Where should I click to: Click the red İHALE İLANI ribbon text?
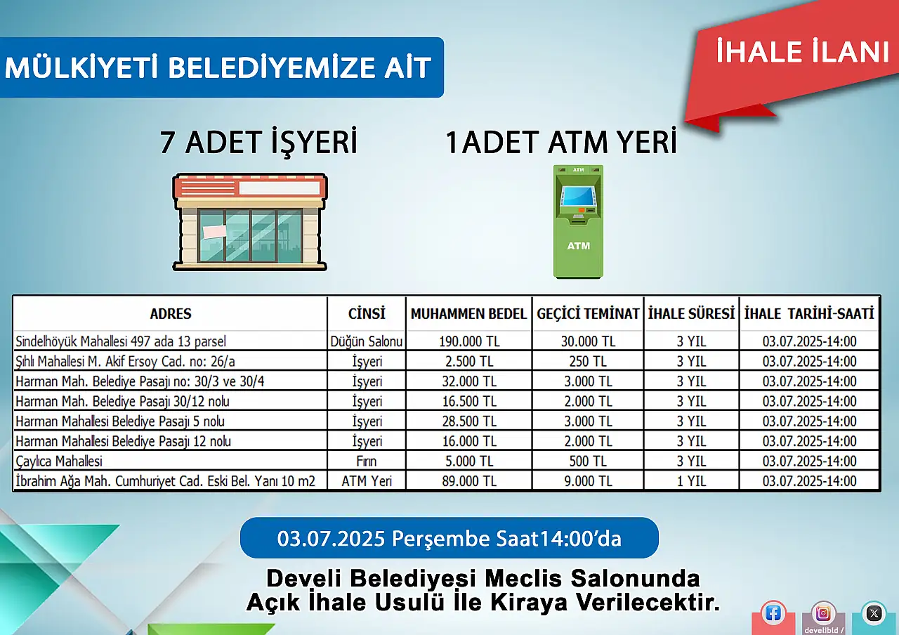pos(802,51)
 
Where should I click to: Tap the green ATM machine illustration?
pos(578,221)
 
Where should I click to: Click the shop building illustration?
pos(249,222)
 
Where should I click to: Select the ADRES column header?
pos(171,313)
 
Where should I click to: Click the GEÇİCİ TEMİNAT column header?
pos(588,313)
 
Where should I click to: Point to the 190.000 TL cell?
pos(469,341)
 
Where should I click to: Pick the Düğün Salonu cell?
pos(367,341)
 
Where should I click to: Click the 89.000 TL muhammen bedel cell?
pos(469,481)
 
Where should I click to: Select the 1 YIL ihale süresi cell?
pos(691,481)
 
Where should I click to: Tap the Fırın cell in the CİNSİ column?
pos(367,461)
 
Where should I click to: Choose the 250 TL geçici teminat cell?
pos(588,361)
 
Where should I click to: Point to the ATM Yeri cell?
pos(367,481)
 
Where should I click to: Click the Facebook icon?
pos(773,613)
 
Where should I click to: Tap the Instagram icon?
pos(822,613)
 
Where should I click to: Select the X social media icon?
pos(874,613)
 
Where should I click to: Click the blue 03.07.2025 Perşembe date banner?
pos(449,538)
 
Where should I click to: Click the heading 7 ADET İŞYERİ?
pos(258,142)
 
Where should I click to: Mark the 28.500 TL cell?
pos(469,421)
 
